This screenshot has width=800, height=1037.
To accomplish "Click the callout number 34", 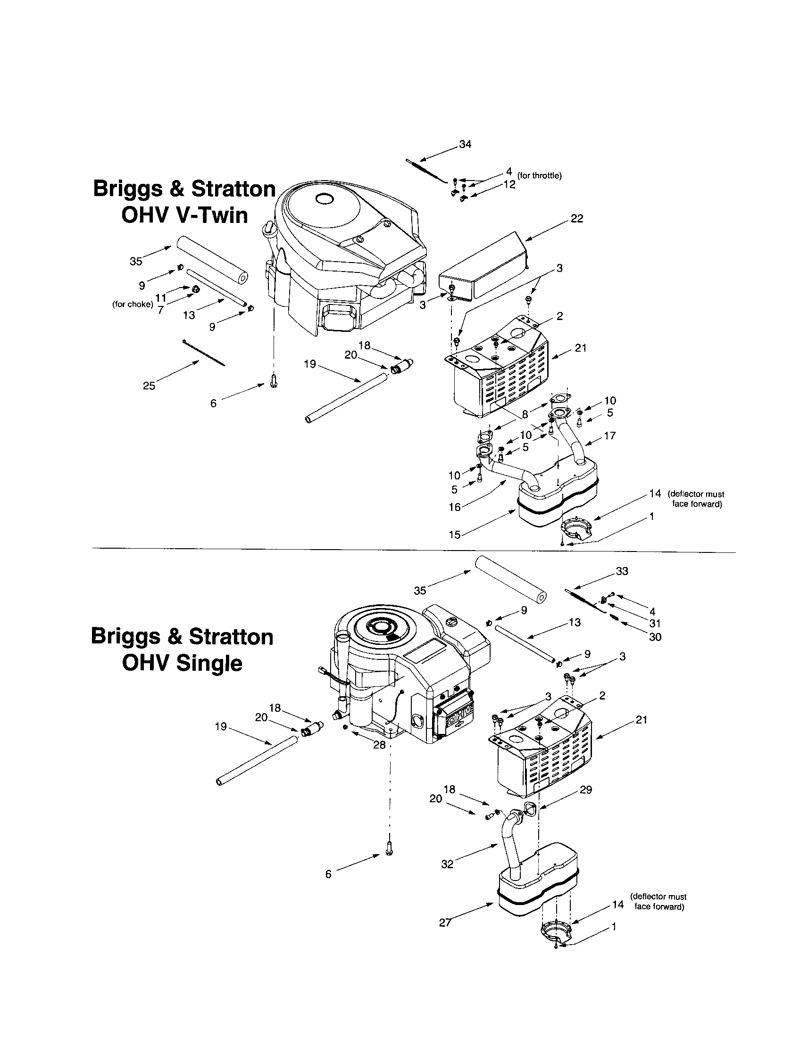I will click(465, 144).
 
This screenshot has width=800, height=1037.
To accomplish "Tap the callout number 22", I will click(577, 219).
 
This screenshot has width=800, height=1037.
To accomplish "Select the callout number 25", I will click(149, 386).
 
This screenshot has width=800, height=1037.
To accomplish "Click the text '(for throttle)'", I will click(539, 176).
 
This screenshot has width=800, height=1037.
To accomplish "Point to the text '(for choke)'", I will click(133, 305).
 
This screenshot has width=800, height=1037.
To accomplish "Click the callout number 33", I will click(622, 571).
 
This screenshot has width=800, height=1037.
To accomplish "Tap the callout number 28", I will click(379, 744).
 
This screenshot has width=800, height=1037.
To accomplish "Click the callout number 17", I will click(609, 435).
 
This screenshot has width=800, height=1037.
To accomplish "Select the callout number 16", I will click(455, 507).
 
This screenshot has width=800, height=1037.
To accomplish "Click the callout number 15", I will click(455, 535).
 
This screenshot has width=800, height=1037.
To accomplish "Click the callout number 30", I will click(655, 637).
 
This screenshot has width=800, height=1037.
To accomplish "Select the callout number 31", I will click(655, 624).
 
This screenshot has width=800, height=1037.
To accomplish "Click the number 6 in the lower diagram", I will click(328, 874).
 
